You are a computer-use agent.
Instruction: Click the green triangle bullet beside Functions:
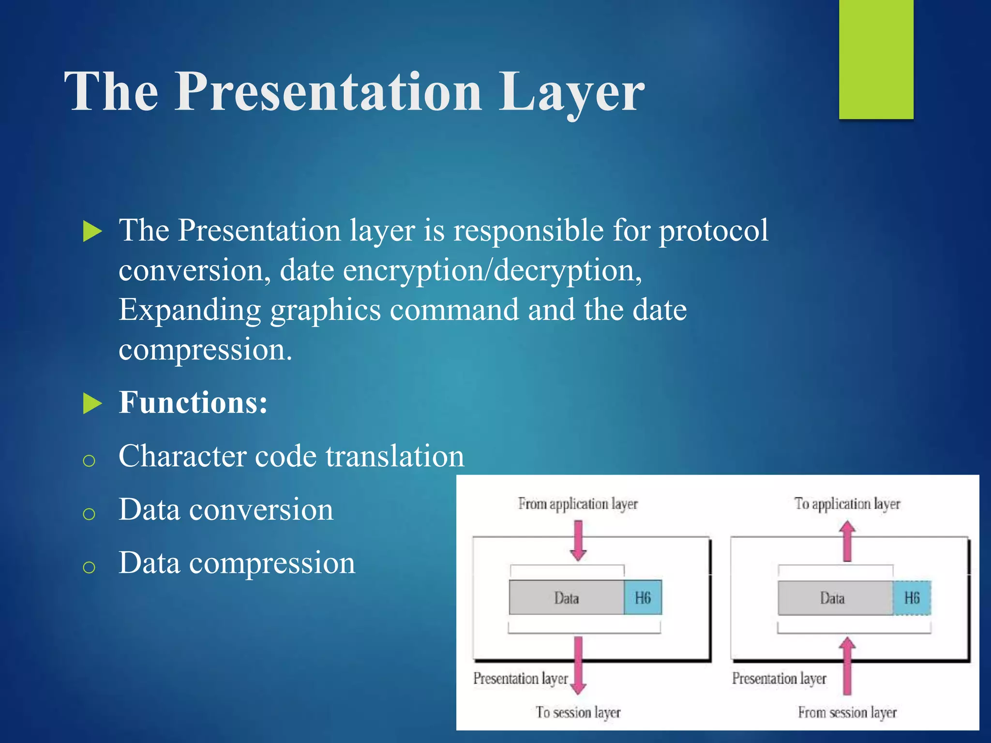pos(92,403)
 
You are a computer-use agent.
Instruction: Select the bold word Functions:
pos(193,402)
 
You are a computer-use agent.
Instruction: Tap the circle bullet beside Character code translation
pos(89,460)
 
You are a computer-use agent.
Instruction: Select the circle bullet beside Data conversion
pos(89,513)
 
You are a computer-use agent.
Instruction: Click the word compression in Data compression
pos(272,563)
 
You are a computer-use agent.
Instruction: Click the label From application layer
pos(578,504)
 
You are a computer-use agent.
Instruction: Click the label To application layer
pos(847,504)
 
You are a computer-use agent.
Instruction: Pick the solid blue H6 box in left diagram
pos(643,598)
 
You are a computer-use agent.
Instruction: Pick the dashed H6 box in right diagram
pos(912,598)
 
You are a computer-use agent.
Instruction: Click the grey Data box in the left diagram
pos(566,598)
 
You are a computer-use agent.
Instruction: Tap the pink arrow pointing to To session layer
pos(578,665)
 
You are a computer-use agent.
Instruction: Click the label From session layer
pos(847,713)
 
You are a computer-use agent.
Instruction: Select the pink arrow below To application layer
pos(847,541)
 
